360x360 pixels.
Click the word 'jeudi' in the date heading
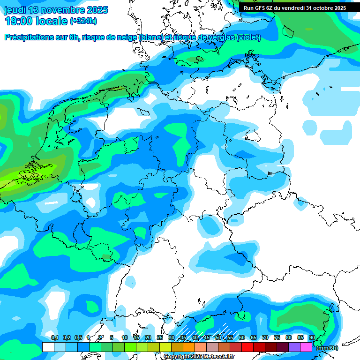(16, 9)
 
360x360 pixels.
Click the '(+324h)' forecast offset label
(83, 21)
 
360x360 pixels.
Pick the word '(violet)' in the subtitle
(249, 37)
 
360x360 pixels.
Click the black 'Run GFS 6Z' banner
(294, 8)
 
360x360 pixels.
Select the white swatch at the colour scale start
(48, 347)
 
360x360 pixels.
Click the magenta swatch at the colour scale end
(306, 347)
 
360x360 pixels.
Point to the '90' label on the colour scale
(312, 337)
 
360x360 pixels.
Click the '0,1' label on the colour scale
(55, 337)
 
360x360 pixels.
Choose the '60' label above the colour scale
(241, 337)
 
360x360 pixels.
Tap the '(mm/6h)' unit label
(327, 348)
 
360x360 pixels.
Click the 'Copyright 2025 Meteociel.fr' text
(199, 357)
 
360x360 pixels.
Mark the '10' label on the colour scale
(125, 337)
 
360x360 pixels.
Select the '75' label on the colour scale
(277, 337)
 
